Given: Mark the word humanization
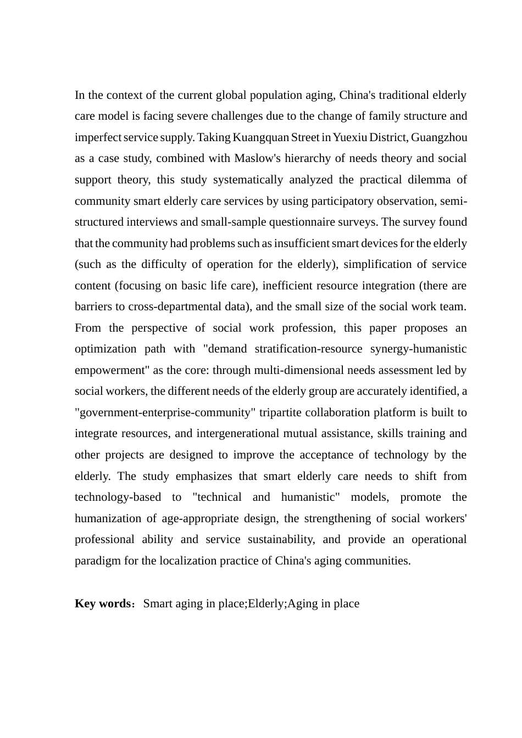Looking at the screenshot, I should click(x=108, y=519).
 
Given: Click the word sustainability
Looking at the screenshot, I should click(x=281, y=540).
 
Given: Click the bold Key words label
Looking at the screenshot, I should click(x=102, y=604).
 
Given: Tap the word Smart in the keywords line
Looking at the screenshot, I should click(x=158, y=604).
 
